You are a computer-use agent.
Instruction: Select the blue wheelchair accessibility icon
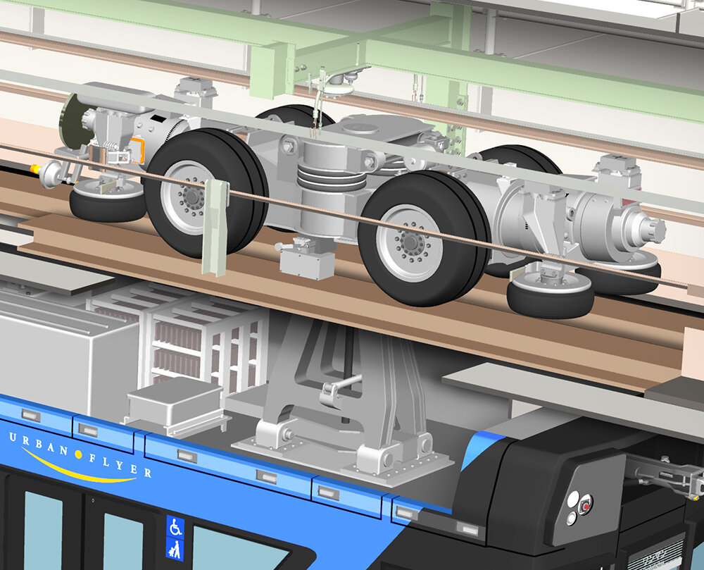click(x=175, y=526)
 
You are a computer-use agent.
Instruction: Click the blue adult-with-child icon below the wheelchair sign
click(x=175, y=547)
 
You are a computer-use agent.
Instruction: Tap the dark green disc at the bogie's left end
click(x=70, y=120)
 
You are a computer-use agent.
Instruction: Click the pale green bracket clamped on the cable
click(x=214, y=225)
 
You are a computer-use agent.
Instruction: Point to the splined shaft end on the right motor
click(x=650, y=228)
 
